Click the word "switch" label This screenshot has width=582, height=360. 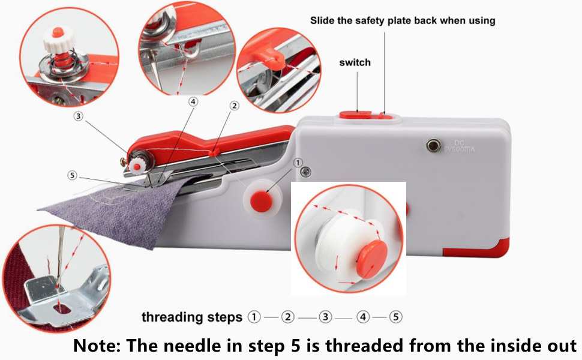click(355, 62)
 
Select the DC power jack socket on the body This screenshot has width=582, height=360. click(431, 144)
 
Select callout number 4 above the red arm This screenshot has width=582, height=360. click(193, 102)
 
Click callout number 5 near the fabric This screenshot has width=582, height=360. click(73, 176)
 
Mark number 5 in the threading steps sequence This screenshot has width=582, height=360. click(395, 317)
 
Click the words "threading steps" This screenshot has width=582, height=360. click(192, 317)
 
